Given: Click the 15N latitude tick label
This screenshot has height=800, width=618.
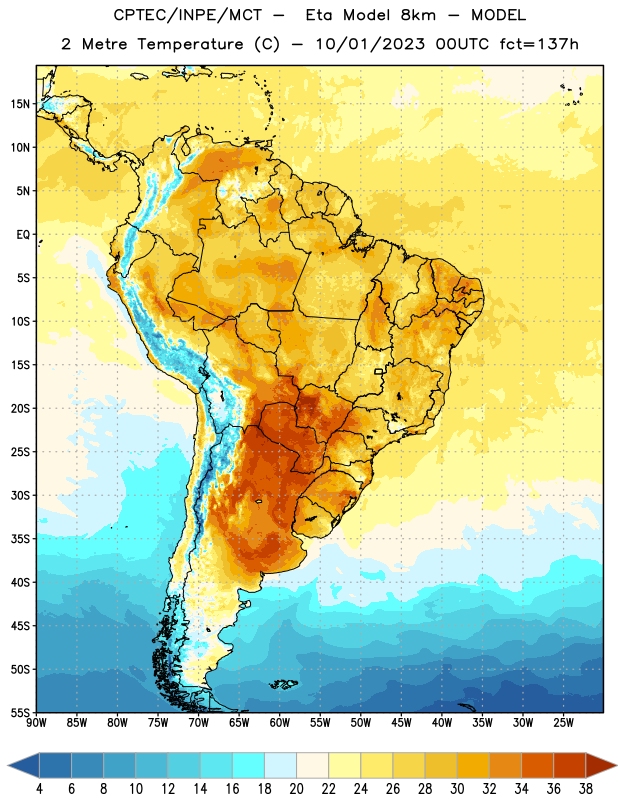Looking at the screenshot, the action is coord(21,104).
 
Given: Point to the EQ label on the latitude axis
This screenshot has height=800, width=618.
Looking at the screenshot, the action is coord(23,235).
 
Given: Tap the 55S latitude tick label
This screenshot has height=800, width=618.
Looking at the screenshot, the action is coord(21,712).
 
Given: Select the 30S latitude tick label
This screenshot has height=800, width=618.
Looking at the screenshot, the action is coord(21,495).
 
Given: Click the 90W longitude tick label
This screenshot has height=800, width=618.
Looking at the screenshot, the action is coord(36,723).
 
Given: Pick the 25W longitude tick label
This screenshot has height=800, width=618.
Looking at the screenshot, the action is coord(563,723).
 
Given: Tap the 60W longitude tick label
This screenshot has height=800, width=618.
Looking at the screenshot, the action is coord(280,723).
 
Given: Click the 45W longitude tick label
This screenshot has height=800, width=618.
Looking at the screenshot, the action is coord(401,723).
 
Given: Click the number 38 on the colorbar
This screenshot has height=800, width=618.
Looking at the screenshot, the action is coord(586,789).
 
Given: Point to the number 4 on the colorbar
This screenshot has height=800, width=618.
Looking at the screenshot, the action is coord(39,789).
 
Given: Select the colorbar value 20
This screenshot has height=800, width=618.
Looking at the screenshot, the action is coord(296,789).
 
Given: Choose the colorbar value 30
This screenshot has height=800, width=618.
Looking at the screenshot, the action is coord(457,789).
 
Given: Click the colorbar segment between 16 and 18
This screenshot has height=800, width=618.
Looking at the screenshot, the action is coord(249,766).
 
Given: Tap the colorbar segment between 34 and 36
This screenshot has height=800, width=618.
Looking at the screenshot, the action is coord(538,766).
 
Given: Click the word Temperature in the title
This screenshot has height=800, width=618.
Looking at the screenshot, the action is coord(190,44).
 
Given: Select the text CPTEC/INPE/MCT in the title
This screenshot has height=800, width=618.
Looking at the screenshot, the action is coord(188,15).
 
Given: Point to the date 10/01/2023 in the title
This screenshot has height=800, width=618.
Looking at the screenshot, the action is coord(370,44).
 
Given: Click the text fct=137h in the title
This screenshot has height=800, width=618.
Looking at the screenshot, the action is coord(539,44).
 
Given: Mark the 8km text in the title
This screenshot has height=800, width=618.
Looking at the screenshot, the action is coord(418,15).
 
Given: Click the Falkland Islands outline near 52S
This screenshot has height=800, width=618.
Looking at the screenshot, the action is coord(284,684).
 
